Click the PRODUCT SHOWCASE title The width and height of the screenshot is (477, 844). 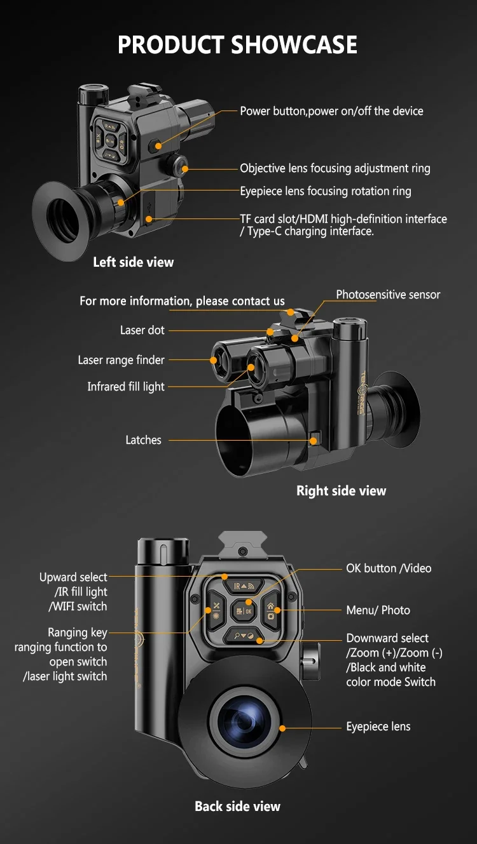[x=238, y=45]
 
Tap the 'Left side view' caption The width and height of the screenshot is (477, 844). [x=133, y=262]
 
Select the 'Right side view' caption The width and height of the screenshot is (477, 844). [x=341, y=490]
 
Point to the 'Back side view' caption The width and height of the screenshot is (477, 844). [x=237, y=806]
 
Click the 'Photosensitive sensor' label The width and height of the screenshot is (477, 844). [x=388, y=295]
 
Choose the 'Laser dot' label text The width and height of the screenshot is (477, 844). [x=142, y=330]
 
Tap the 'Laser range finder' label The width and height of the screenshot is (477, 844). [x=121, y=360]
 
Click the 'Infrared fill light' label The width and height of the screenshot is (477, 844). [x=126, y=386]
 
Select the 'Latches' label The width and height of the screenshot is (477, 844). [x=143, y=440]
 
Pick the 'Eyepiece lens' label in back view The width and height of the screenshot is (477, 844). [x=378, y=727]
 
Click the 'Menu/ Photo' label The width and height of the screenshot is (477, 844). [x=378, y=610]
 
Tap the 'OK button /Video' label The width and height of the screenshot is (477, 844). [x=388, y=568]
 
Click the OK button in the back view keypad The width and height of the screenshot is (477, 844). [x=244, y=610]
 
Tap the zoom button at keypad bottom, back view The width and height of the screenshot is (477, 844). [x=244, y=635]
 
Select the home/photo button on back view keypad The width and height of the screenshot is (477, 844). [x=272, y=611]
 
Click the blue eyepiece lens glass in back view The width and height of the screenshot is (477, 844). [x=244, y=720]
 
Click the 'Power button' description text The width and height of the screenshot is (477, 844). [x=331, y=111]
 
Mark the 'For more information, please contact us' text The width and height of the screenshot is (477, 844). [x=182, y=301]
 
